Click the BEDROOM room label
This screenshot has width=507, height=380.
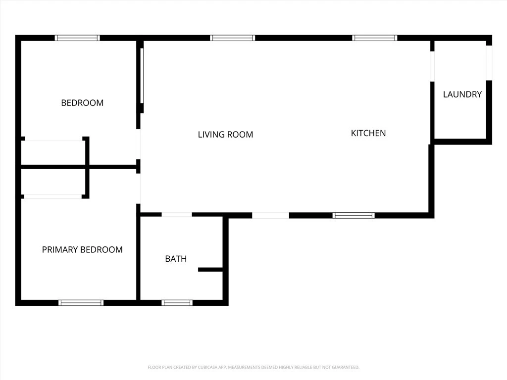tap(82, 103)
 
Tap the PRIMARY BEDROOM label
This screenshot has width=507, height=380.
tap(82, 249)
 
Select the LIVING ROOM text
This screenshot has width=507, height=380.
tap(225, 135)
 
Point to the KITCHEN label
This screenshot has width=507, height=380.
tap(368, 133)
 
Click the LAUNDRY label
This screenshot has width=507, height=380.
tap(462, 95)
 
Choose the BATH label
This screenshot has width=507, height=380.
tap(176, 259)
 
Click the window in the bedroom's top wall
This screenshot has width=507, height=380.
tap(77, 38)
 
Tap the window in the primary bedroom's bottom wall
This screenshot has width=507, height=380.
tap(81, 303)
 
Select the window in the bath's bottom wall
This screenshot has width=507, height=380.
tap(177, 303)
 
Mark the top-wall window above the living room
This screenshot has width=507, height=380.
tap(233, 38)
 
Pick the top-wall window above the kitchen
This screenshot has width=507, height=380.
tap(375, 38)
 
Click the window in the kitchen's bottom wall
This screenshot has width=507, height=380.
tap(354, 216)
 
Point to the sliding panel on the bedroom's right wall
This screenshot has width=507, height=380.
tap(142, 76)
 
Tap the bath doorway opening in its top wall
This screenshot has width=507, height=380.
tap(177, 215)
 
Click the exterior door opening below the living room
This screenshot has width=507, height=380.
tap(271, 216)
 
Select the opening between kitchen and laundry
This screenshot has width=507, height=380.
tap(432, 67)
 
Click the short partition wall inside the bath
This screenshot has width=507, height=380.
tap(210, 270)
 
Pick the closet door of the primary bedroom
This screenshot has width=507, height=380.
tap(53, 196)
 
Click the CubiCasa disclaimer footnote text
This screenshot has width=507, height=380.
tap(253, 368)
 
